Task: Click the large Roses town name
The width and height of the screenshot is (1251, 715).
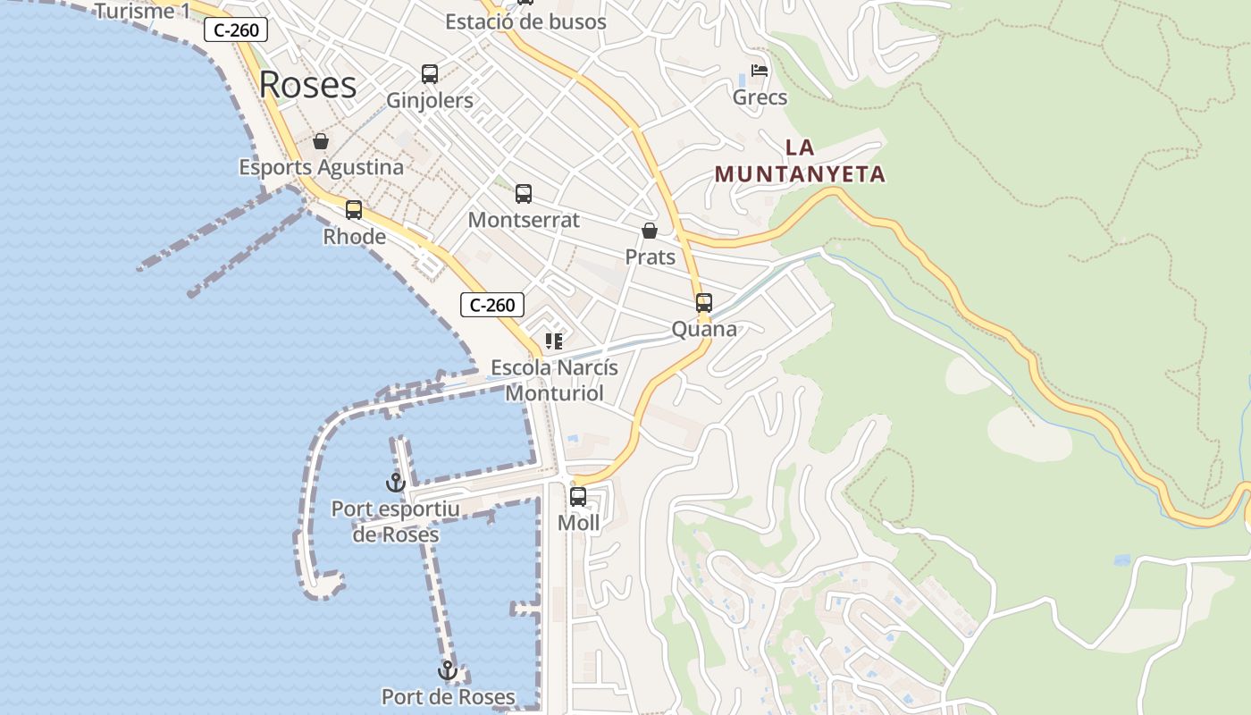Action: point(307,85)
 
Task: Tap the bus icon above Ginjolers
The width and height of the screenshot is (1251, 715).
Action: point(430,74)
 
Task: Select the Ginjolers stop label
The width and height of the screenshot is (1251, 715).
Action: point(430,100)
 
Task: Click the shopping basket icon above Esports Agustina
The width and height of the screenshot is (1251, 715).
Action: point(321,141)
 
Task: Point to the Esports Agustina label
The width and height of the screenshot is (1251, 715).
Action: point(321,167)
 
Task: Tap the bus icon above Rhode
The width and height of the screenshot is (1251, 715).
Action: point(354,210)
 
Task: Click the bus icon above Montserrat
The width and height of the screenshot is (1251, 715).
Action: point(524,194)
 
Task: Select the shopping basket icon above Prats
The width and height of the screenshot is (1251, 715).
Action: point(650,231)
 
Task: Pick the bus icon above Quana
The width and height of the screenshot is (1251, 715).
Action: point(704,303)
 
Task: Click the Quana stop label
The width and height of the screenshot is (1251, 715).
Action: point(704,329)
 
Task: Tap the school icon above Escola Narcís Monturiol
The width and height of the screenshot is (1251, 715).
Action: point(554,341)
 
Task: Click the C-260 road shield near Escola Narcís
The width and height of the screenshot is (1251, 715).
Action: point(491,305)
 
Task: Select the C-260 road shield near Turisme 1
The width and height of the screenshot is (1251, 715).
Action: point(236,30)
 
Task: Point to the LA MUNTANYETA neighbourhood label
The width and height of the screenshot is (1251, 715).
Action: point(800,161)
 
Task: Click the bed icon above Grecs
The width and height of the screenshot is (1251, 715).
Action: point(760,71)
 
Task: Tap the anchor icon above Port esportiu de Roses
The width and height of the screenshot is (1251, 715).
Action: point(395,483)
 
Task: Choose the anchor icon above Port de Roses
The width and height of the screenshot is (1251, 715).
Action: point(447,670)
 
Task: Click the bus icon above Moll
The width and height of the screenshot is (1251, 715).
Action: point(578,497)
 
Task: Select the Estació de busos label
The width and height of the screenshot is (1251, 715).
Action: point(525,22)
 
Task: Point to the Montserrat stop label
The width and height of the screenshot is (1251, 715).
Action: point(524,220)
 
